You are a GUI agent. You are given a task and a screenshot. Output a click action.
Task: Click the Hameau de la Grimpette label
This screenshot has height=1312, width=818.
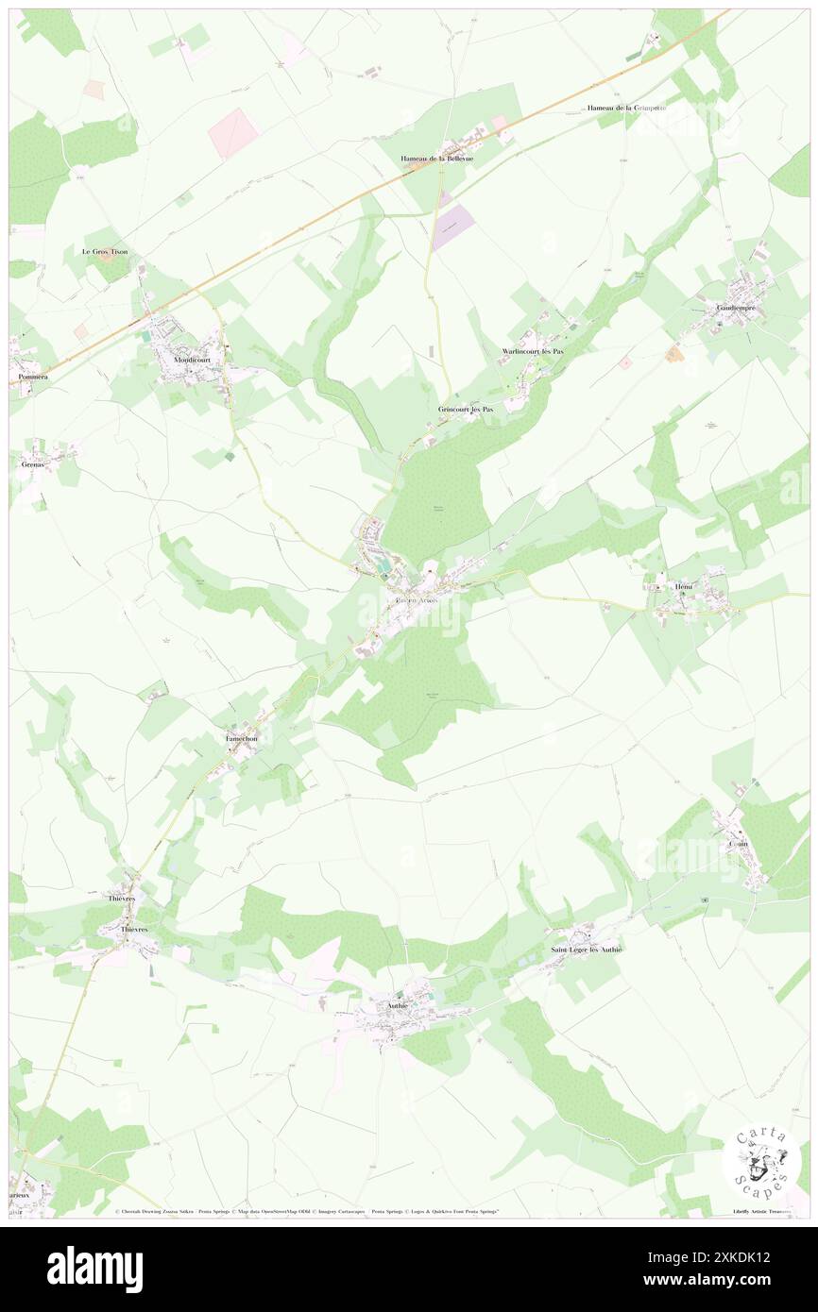pos(626,108)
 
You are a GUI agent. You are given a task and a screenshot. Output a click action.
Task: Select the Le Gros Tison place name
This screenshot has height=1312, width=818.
pos(104,252)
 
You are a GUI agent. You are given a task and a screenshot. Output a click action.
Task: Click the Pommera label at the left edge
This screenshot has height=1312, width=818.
pos(28,377)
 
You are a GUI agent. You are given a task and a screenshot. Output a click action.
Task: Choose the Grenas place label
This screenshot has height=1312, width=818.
pos(33,464)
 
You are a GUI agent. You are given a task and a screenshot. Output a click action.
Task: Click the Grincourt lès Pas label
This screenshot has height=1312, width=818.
pos(466,410)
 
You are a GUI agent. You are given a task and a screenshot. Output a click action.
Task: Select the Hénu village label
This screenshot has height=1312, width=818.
pos(684,587)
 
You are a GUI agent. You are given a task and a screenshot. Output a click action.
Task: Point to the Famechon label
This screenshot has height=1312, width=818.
pos(241,737)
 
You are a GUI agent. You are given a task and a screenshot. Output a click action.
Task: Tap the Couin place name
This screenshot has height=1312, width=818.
pos(738,844)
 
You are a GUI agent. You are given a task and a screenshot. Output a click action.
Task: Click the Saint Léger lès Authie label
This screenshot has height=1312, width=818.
pos(587,949)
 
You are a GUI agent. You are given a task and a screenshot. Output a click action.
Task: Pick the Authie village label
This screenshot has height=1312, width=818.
pos(397,1005)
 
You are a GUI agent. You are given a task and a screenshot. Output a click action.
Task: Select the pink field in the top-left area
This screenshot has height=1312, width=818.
pos(233,132)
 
